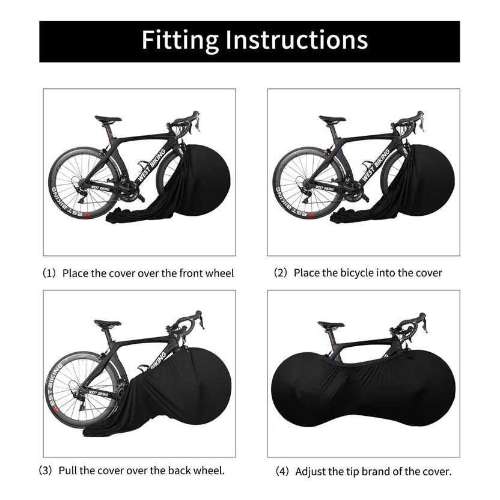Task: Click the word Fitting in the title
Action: pyautogui.click(x=180, y=40)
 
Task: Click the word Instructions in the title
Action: pyautogui.click(x=296, y=40)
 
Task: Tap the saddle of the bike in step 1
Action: pyautogui.click(x=108, y=119)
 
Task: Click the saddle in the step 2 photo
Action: pyautogui.click(x=332, y=119)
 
